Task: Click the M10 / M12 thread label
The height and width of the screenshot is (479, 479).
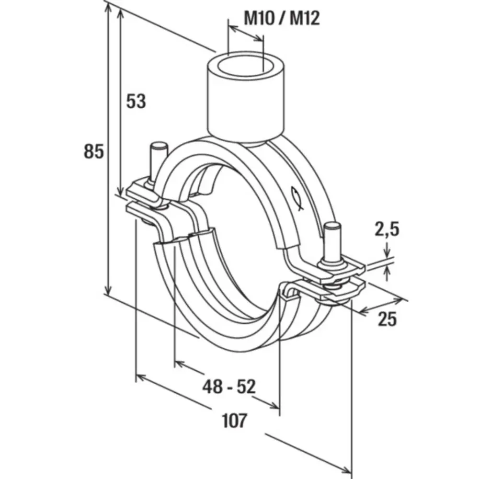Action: (282, 18)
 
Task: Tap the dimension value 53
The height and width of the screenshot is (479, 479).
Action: (136, 101)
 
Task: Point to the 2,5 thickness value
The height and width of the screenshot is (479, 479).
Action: (387, 229)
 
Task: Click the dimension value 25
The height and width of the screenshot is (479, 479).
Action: (388, 319)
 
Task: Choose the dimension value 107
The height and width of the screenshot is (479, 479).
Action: (235, 421)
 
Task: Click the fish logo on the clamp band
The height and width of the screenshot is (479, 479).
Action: (297, 197)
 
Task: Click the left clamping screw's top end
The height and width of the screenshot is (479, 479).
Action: (158, 146)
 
